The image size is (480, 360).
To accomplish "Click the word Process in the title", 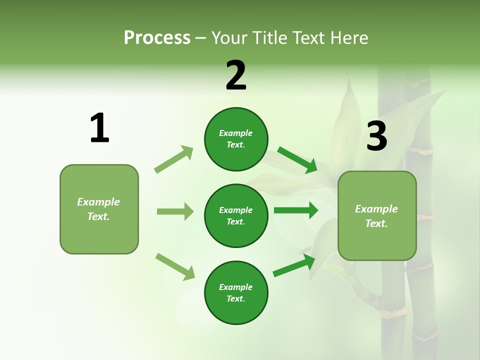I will click(157, 37).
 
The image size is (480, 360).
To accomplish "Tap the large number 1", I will click(99, 128).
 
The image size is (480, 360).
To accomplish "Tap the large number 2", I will click(236, 75).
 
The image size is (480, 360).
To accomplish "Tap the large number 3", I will click(376, 136).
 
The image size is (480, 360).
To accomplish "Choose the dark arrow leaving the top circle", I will click(297, 160).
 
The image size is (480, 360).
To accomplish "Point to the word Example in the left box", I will click(98, 202).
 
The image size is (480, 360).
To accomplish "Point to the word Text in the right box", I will click(375, 223).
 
